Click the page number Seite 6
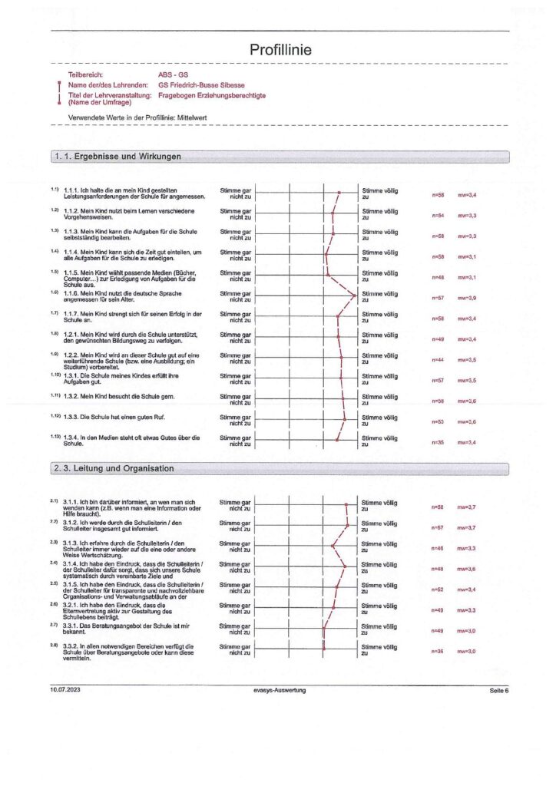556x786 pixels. coord(498,691)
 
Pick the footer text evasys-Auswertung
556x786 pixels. coord(280,691)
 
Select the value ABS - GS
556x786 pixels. coord(171,74)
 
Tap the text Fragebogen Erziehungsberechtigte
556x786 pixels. coord(212,95)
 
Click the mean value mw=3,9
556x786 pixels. coord(468,298)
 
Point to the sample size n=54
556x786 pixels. coord(439,216)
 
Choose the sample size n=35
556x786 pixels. coord(439,443)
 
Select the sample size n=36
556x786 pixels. coord(439,651)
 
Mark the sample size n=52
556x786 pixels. coord(439,589)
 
